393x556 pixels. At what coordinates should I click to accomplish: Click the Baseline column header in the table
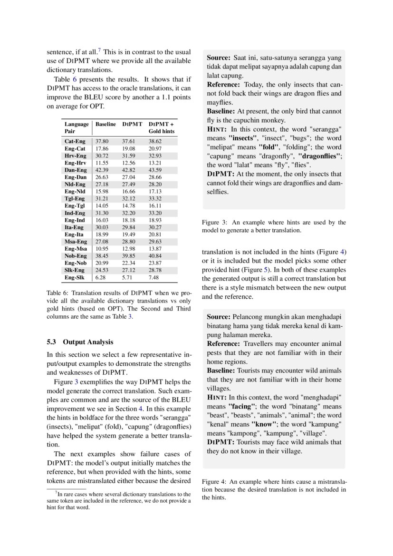[105, 124]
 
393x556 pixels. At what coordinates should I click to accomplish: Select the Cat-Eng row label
[75, 141]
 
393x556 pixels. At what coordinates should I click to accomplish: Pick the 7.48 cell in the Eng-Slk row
[154, 277]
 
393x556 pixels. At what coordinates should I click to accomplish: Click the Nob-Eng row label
[76, 256]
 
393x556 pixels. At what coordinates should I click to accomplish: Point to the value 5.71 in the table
[128, 277]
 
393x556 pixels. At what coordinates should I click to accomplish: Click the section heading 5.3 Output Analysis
[80, 342]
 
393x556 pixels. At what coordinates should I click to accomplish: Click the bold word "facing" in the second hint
[242, 406]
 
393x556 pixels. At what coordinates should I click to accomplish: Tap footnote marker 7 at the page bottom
[56, 493]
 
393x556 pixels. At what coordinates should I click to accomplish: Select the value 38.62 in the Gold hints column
[155, 141]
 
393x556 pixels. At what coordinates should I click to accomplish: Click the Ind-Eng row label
[75, 213]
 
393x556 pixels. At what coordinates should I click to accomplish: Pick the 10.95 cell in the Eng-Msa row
[102, 249]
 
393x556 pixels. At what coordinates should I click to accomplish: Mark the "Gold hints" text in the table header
[162, 131]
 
